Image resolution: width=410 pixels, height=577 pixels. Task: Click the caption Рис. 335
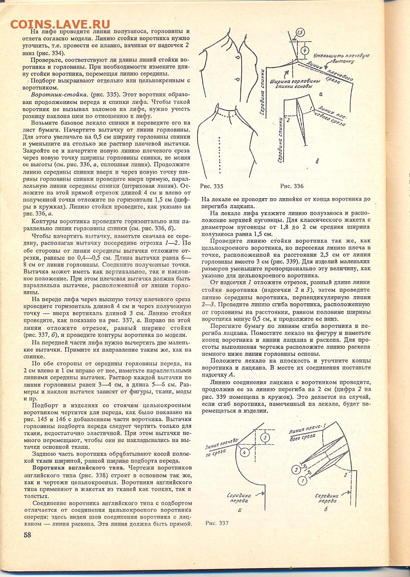coord(211,186)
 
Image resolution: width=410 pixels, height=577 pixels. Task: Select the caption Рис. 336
coord(292,186)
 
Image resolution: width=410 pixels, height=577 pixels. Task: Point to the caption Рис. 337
coord(217,523)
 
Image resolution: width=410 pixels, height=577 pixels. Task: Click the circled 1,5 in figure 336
coord(300,33)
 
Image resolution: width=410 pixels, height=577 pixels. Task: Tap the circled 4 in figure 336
coord(304,51)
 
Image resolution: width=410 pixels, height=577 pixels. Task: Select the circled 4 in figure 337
coord(245,452)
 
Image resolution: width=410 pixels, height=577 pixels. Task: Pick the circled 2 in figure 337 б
coord(296,469)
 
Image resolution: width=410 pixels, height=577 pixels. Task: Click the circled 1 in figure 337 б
coord(301,481)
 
